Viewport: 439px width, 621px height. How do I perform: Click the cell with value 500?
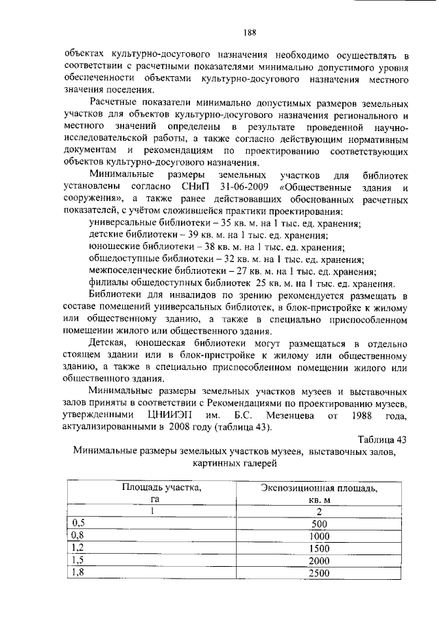pyautogui.click(x=320, y=524)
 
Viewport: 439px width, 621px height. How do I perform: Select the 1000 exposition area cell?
pyautogui.click(x=320, y=536)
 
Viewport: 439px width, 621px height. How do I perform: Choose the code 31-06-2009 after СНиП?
pyautogui.click(x=239, y=187)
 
